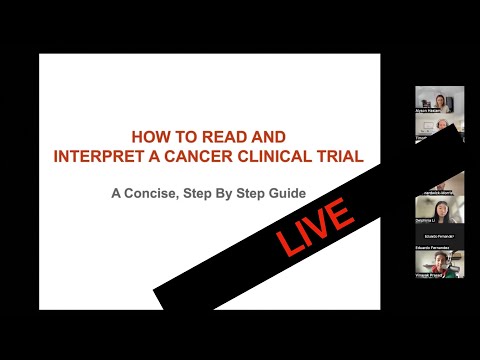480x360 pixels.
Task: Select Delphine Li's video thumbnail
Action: (440, 210)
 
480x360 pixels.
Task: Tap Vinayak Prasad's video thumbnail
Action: (440, 261)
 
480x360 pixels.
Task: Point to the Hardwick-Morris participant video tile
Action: (440, 180)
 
